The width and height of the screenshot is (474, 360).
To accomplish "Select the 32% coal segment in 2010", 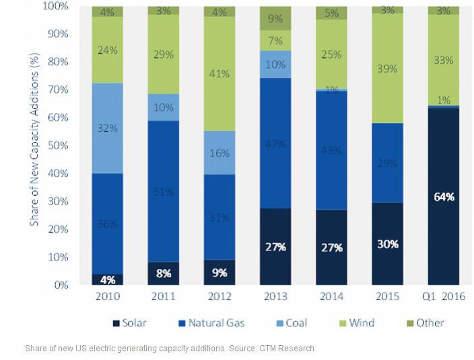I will (x=108, y=128).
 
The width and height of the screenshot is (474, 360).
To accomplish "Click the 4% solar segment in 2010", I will (x=108, y=279).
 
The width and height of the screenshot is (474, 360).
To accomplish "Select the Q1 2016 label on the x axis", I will (x=443, y=297).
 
